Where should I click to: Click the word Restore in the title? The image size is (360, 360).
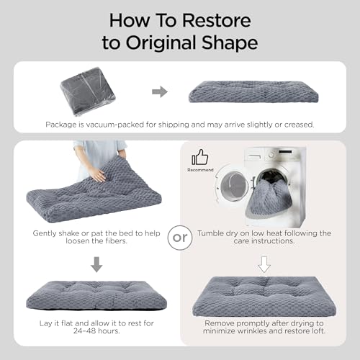217,21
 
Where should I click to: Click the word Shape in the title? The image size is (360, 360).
230,42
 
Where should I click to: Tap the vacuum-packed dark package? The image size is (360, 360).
88,91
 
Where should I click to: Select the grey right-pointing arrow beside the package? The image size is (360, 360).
160,91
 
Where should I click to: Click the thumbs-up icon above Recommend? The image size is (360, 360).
200,157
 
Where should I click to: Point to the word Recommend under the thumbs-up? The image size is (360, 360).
200,170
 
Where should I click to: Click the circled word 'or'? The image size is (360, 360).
180,238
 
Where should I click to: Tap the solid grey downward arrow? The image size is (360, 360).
96,264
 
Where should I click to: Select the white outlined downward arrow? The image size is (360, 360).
264,264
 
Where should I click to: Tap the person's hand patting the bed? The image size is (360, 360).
98,174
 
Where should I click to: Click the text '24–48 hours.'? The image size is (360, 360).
96,331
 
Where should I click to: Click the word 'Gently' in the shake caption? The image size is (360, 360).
45,233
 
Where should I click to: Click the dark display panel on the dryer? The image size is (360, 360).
285,152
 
